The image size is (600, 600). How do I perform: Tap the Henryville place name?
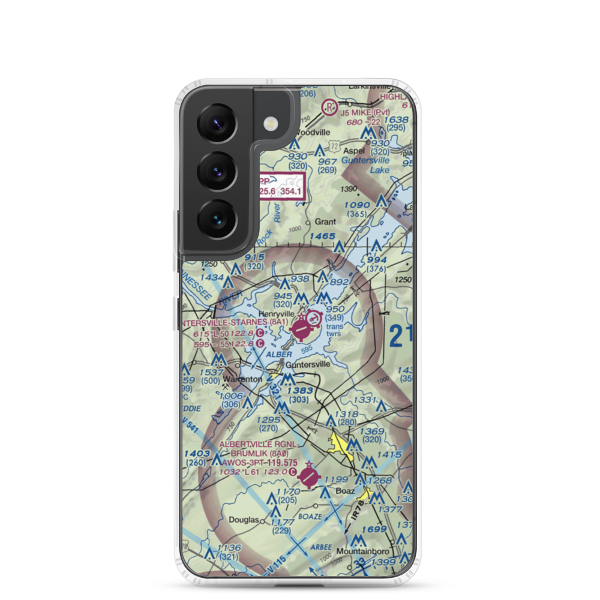coord(276,314)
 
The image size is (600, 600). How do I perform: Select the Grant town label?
coord(326,221)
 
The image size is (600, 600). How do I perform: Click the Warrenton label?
coord(242,380)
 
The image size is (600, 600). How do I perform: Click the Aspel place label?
coord(353,151)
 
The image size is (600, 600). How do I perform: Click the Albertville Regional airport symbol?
coord(309,477)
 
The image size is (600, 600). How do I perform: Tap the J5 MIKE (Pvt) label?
coord(364,112)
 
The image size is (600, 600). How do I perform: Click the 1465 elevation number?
coord(323,237)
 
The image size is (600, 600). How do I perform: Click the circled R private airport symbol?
coord(329,108)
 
